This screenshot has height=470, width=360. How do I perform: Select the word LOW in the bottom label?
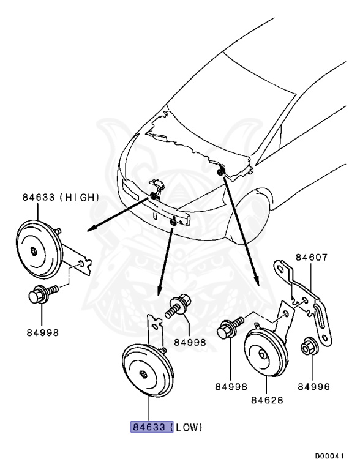click(189, 427)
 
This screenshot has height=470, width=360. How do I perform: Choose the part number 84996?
click(313, 387)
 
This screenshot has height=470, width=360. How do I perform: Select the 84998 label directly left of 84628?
click(230, 387)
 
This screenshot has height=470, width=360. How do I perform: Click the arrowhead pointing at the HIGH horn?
click(90, 227)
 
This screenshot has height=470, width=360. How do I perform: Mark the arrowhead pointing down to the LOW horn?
click(160, 290)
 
